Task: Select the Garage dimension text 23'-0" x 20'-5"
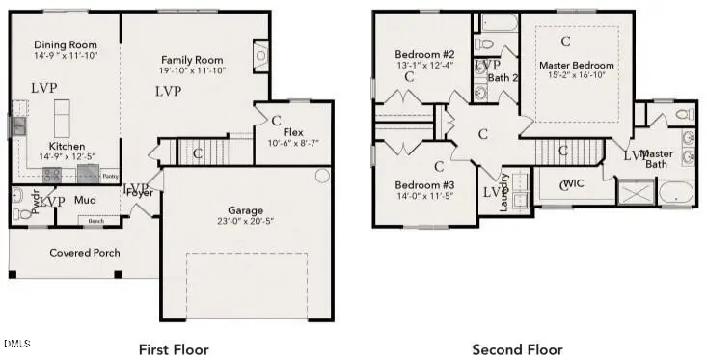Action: click(x=246, y=221)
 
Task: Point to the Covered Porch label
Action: click(x=85, y=253)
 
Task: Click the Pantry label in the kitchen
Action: click(x=111, y=177)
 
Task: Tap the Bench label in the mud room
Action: click(x=95, y=221)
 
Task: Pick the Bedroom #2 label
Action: click(x=424, y=53)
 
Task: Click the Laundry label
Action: click(x=503, y=192)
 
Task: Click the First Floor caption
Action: click(x=174, y=348)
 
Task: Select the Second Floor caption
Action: click(x=517, y=348)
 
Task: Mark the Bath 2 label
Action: click(x=503, y=77)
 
